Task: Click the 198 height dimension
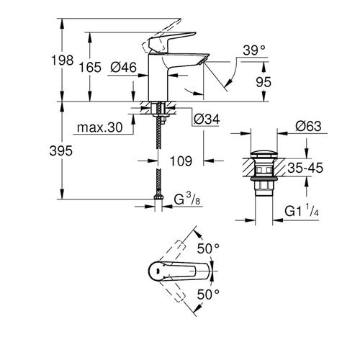62,60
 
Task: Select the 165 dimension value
90,67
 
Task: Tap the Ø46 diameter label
123,67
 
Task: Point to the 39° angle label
254,50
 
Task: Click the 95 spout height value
264,82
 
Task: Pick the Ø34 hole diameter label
207,119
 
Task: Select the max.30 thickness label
100,127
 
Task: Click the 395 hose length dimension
61,151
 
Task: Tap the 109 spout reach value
181,161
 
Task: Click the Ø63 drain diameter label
308,126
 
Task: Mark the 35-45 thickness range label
305,168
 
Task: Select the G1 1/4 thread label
302,211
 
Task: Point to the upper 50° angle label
208,248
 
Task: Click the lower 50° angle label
208,294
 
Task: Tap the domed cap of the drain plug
264,154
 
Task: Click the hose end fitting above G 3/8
158,197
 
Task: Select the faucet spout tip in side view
204,60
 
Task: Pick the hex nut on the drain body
264,186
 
